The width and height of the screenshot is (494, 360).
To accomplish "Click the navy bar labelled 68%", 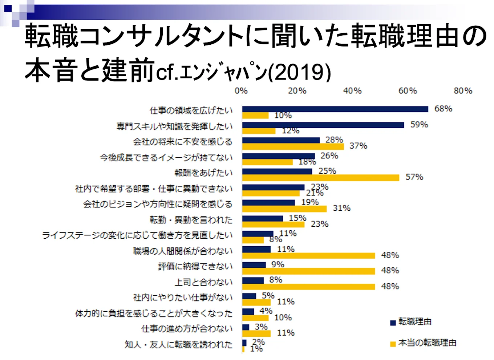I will click(335, 109).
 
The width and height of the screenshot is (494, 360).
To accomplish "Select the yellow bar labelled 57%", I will click(320, 178).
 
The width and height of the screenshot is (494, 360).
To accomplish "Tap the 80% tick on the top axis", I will click(463, 91).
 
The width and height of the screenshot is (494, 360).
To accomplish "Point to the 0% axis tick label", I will click(241, 91).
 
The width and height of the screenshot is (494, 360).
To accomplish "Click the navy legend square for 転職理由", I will click(393, 323).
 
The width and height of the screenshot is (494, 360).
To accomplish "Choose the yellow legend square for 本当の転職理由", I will click(393, 344).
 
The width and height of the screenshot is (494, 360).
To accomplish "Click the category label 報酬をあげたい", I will click(203, 173).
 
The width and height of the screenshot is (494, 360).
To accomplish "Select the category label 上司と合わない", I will click(203, 282).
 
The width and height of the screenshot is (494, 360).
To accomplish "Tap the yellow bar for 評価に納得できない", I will click(308, 271).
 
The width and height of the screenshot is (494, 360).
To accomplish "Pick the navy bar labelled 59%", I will click(323, 125).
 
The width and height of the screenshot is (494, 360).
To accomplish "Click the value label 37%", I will click(358, 146).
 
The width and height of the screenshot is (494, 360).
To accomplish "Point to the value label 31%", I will click(341, 209).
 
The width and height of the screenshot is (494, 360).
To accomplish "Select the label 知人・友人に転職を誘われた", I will click(178, 344).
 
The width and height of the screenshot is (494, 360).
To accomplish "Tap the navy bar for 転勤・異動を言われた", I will click(262, 218).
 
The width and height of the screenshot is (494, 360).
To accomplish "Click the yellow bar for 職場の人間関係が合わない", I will click(308, 256).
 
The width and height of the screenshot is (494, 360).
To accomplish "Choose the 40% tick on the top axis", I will click(352, 91).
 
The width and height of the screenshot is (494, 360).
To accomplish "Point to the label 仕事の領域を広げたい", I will click(191, 110).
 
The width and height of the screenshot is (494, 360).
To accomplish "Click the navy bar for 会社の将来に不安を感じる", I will click(281, 140).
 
